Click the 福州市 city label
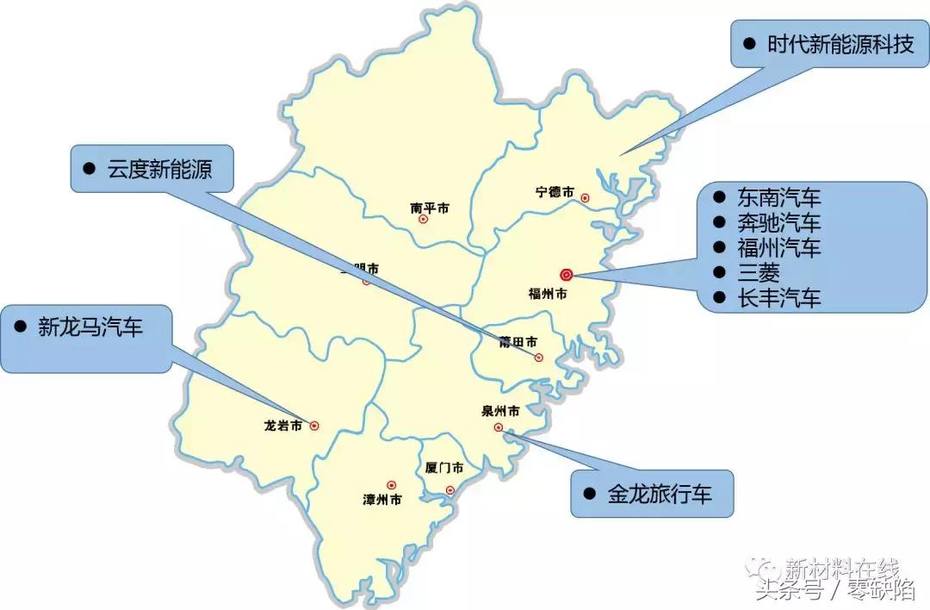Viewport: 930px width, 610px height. click(x=548, y=294)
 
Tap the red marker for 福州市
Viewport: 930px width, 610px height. click(x=566, y=275)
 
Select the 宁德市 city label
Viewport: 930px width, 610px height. click(x=555, y=192)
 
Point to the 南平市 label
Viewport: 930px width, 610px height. click(x=429, y=208)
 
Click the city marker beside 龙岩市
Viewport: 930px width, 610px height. click(x=314, y=425)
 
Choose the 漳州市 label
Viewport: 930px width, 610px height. click(x=382, y=500)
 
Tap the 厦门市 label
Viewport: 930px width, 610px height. click(x=444, y=468)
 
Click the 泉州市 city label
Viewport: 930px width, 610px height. click(x=500, y=411)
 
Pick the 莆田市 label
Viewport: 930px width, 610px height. click(x=518, y=342)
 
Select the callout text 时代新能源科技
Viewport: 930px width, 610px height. click(x=840, y=45)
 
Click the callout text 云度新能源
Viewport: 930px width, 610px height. click(x=159, y=169)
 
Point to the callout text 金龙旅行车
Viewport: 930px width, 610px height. click(x=660, y=494)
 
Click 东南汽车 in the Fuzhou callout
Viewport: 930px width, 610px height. click(x=779, y=197)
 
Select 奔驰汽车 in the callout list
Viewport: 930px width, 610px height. click(x=779, y=222)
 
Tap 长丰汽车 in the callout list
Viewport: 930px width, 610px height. click(x=779, y=298)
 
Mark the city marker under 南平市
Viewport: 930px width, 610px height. click(x=423, y=219)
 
